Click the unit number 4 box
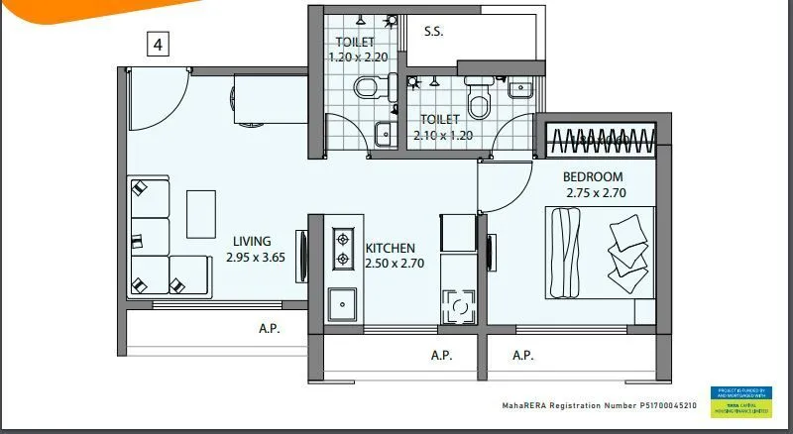coord(157,44)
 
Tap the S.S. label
coord(433,32)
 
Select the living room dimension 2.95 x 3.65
coord(255,258)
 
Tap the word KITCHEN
coord(390,248)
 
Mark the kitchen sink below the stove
coord(343,300)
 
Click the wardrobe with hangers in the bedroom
coord(595,139)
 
